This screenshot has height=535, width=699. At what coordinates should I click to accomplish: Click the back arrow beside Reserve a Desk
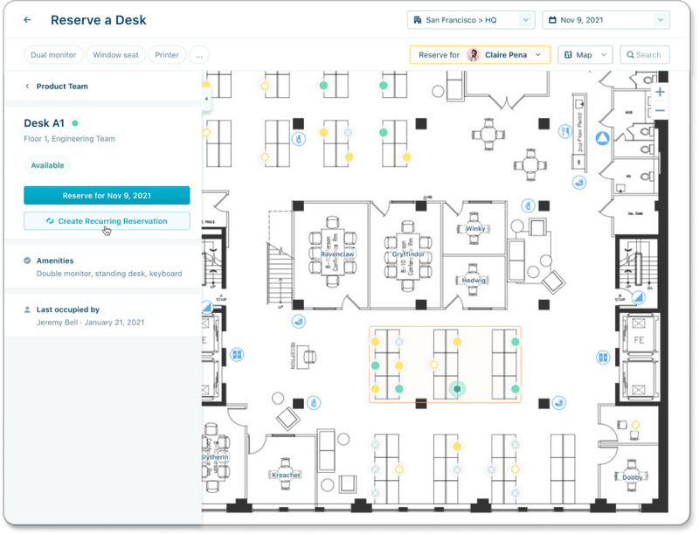pos(28,19)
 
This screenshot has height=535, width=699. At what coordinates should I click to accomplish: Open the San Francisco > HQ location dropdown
pos(470,19)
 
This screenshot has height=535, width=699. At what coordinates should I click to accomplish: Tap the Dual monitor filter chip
pos(53,55)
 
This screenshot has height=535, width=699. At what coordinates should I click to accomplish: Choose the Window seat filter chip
pos(115,55)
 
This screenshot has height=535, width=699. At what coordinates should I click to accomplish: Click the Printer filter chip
pos(167,55)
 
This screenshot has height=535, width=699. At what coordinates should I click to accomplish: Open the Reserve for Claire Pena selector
pos(480,55)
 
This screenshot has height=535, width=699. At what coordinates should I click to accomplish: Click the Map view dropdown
pos(585,55)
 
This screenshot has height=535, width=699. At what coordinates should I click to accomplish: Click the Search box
pos(645,55)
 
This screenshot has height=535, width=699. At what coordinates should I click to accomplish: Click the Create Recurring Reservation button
pos(107,221)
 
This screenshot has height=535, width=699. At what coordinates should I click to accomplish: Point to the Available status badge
pos(47,165)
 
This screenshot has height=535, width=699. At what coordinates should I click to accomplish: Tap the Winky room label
pos(475,229)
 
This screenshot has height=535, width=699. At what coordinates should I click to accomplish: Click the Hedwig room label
pos(474,281)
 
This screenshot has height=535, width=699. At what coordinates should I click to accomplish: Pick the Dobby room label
pos(633,477)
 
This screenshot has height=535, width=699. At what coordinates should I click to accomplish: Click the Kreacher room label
pos(286,474)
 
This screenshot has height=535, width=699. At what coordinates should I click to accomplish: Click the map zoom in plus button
pos(660,92)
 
